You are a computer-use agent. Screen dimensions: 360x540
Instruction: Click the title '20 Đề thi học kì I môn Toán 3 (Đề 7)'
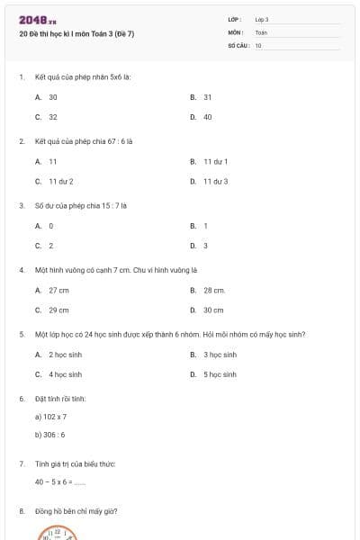click(76, 34)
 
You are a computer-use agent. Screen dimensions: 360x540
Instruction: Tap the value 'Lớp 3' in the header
click(262, 19)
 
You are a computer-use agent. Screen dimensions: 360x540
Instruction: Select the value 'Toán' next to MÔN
click(261, 31)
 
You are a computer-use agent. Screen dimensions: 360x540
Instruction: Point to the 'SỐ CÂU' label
click(238, 45)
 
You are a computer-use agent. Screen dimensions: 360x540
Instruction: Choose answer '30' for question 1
click(53, 96)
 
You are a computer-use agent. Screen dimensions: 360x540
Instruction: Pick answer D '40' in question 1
click(207, 116)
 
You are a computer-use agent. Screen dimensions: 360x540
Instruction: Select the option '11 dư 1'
click(215, 161)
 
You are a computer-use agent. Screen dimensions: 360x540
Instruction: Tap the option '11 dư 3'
click(215, 181)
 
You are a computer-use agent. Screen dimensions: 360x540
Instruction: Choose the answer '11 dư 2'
click(60, 181)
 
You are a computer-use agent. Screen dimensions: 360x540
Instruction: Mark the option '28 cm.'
click(214, 290)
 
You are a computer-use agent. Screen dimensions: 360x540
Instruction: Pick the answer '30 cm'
click(213, 310)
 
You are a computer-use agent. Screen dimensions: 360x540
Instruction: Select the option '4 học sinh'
click(65, 373)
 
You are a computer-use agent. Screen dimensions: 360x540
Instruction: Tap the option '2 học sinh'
click(65, 355)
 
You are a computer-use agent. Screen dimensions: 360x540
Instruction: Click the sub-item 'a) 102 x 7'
click(50, 417)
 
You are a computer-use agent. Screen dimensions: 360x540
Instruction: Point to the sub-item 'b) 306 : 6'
click(50, 435)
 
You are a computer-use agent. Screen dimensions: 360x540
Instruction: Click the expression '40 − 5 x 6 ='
click(59, 481)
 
